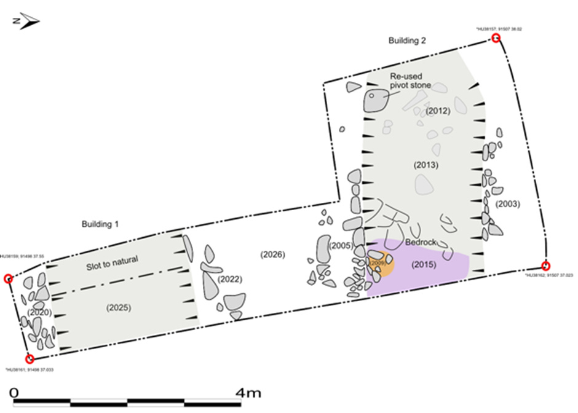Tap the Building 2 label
click(407, 41)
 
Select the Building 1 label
click(100, 224)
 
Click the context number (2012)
click(438, 111)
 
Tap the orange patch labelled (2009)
click(378, 263)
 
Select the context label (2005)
click(340, 245)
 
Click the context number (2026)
click(272, 254)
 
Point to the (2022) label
click(229, 279)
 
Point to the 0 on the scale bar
click(15, 392)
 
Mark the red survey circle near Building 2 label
click(496, 39)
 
